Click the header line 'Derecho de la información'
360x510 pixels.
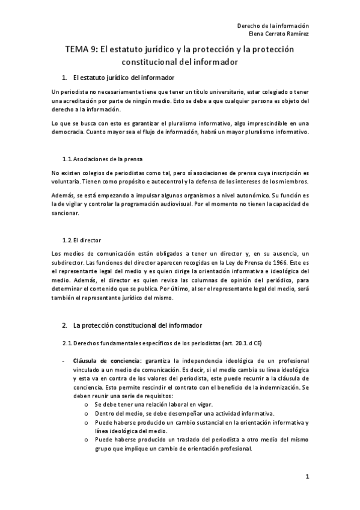tap(273, 26)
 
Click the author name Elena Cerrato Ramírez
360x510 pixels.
tap(276, 34)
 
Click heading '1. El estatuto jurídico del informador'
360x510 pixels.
tap(120, 78)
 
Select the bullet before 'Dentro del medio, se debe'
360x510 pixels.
tap(88, 415)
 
